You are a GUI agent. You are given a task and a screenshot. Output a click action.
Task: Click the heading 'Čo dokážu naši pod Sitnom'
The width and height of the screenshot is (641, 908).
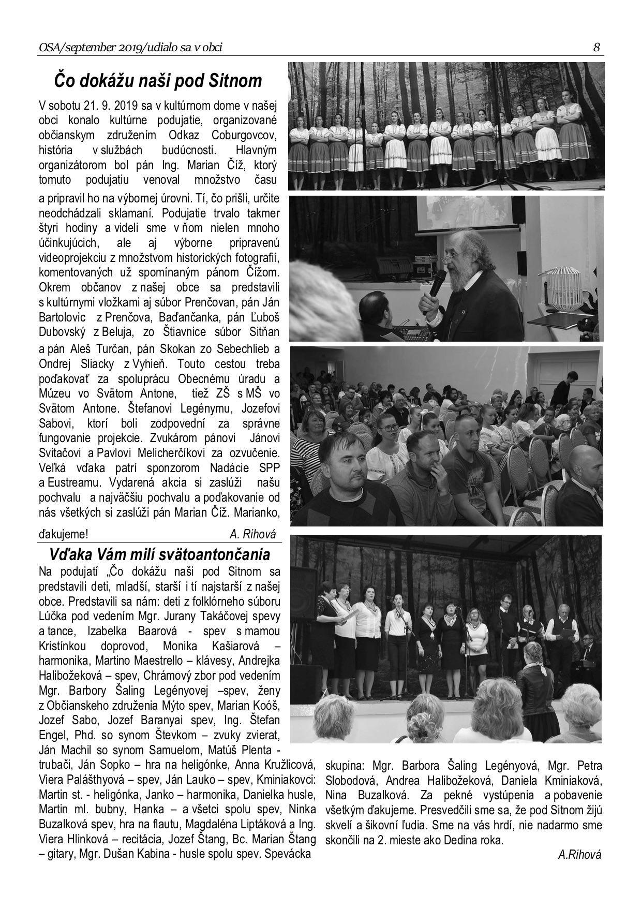158,82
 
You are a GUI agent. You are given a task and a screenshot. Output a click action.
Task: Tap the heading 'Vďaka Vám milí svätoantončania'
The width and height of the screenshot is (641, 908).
159,555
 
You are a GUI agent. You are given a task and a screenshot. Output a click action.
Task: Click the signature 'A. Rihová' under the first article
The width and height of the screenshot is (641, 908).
252,534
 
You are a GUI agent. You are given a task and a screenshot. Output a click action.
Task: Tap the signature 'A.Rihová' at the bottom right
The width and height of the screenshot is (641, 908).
580,855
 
